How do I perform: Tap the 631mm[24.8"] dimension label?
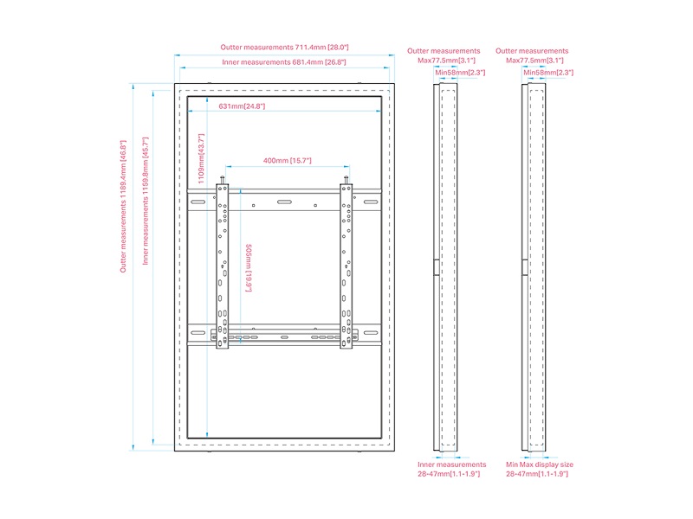242,106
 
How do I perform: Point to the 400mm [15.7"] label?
287,161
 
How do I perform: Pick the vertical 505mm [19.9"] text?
249,267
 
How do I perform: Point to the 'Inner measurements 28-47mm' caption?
451,469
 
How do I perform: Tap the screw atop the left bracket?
223,181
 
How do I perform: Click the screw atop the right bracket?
347,181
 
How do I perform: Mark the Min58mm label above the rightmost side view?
547,73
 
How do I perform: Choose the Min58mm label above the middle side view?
460,73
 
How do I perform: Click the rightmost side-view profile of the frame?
535,267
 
